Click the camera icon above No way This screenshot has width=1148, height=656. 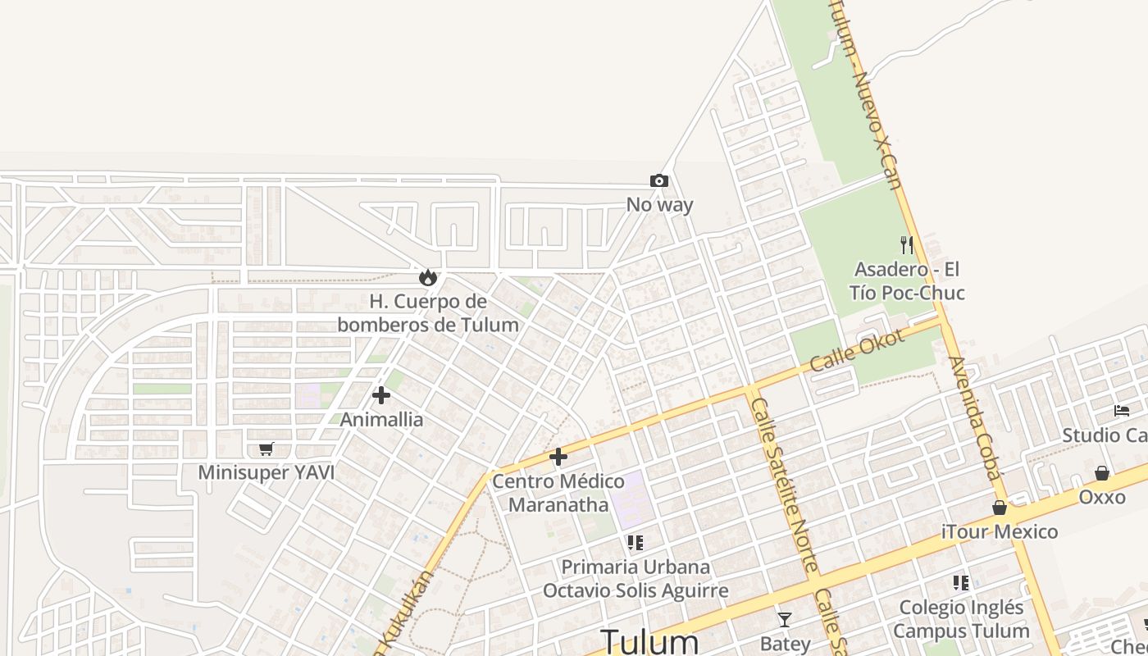click(658, 180)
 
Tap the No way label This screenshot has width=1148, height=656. click(659, 205)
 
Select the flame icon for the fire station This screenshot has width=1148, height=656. click(427, 277)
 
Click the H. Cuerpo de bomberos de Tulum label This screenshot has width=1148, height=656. click(428, 313)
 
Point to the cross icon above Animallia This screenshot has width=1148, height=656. click(380, 395)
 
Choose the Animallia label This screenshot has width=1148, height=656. click(381, 420)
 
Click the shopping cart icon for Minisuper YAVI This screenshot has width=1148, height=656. click(265, 449)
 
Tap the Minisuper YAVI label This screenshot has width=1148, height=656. click(266, 473)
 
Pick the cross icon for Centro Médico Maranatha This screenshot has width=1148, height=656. click(558, 457)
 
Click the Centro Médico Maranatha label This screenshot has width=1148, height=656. click(558, 493)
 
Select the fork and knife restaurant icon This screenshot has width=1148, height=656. click(906, 244)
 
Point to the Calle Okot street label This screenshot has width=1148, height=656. click(856, 350)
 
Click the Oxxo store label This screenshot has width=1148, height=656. click(1101, 498)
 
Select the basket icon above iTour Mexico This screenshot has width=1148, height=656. click(999, 508)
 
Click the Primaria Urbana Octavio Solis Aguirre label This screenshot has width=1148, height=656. click(635, 579)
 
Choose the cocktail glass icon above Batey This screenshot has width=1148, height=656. click(785, 619)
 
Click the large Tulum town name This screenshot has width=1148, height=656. click(650, 641)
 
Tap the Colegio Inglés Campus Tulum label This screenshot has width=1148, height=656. click(961, 619)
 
